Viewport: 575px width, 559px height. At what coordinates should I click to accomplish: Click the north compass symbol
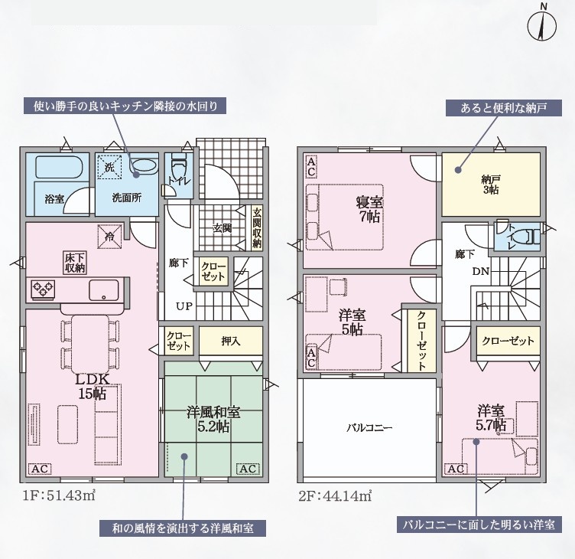click(x=542, y=27)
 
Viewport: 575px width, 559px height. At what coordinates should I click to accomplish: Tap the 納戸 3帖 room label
click(x=490, y=185)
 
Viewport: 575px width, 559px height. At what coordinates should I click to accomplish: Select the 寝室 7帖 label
click(x=369, y=209)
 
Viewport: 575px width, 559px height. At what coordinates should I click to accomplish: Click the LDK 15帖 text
click(x=93, y=387)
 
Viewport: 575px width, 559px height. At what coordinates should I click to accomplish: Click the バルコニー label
click(x=369, y=428)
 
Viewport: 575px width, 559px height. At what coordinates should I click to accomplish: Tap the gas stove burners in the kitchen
click(x=43, y=289)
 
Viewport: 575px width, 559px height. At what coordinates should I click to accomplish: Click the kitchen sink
click(x=104, y=290)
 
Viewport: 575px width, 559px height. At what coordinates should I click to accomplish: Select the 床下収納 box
click(x=75, y=262)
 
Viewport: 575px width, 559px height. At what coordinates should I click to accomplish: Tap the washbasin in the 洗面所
click(x=144, y=167)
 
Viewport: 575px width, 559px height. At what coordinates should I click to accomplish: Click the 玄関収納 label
click(x=257, y=227)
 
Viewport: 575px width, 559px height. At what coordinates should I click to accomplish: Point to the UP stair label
click(x=184, y=306)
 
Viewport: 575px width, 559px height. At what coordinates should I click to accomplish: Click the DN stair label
click(x=481, y=272)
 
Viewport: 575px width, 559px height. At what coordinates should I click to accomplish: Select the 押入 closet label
click(x=231, y=342)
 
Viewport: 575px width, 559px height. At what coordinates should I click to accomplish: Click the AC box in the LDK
click(x=40, y=469)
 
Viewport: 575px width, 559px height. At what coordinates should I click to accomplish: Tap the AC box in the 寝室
click(x=311, y=167)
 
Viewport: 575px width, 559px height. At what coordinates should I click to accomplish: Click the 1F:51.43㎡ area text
click(x=59, y=496)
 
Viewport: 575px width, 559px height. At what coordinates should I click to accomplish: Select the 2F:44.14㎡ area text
click(x=335, y=496)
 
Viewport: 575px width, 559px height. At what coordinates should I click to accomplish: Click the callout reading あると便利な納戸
click(x=504, y=108)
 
